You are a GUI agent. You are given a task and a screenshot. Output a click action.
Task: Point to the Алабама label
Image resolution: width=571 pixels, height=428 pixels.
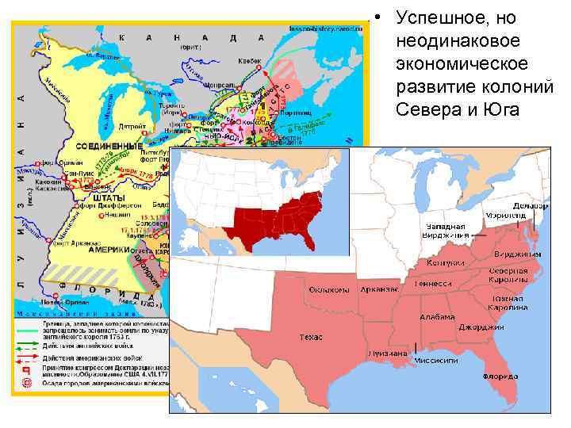pos(439,316)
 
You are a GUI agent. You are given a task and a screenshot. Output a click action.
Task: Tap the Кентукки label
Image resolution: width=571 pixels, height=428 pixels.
pos(445,262)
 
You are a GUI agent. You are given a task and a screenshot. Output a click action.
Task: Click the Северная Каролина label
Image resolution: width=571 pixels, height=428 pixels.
pos(508,275)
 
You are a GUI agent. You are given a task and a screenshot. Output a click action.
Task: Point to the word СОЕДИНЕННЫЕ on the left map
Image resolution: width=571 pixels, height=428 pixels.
pos(105,147)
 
